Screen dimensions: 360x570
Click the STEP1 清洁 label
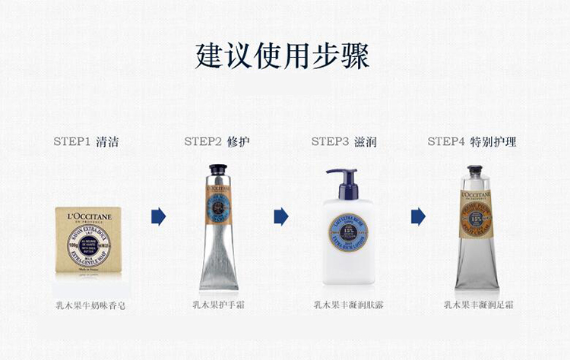[x=86, y=142]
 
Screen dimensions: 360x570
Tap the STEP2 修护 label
[x=217, y=142]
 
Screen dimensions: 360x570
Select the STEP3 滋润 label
[x=344, y=142]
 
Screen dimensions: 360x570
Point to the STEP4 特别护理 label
[x=472, y=142]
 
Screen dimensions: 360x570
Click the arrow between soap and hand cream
[x=158, y=216]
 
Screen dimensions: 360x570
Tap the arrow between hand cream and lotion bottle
[x=281, y=216]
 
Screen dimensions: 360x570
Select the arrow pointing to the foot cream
[x=418, y=216]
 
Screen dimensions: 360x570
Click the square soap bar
[x=88, y=240]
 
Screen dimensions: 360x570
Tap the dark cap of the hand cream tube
[x=219, y=171]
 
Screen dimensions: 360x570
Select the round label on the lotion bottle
[x=347, y=228]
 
